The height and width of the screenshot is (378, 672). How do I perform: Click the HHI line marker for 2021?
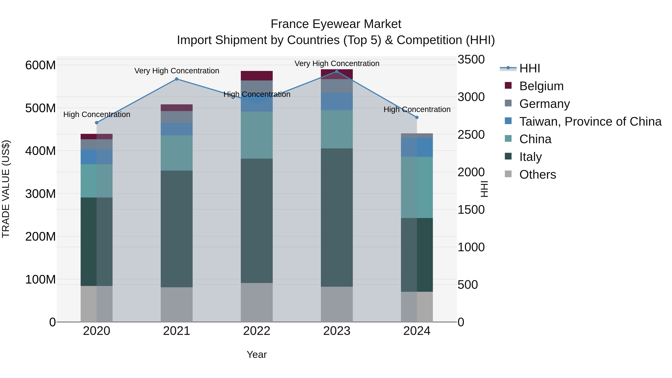coord(177,79)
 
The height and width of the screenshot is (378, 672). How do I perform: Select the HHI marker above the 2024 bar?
coord(417,118)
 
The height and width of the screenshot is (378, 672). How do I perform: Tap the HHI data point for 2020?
coord(97,123)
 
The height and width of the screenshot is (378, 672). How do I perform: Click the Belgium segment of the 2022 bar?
coord(256,76)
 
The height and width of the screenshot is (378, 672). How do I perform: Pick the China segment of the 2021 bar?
coord(177,153)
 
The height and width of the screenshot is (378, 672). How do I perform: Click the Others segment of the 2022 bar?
coord(256,302)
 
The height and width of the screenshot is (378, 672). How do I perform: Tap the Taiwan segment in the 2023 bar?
coord(337,101)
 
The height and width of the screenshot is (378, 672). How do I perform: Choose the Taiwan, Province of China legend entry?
coord(590,122)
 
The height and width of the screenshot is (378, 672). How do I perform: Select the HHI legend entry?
coord(529,68)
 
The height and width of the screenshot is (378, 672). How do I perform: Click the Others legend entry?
coord(537,175)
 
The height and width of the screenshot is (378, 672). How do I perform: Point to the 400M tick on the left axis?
coord(41,151)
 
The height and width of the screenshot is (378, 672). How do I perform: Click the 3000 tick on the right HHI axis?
coord(471,97)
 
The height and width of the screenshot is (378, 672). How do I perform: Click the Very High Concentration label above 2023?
coord(337,63)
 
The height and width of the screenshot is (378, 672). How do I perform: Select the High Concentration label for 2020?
coord(97,115)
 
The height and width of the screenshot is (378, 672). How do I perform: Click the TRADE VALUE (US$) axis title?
coord(6,189)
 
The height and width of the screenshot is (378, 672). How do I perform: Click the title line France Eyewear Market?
coord(336,24)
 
